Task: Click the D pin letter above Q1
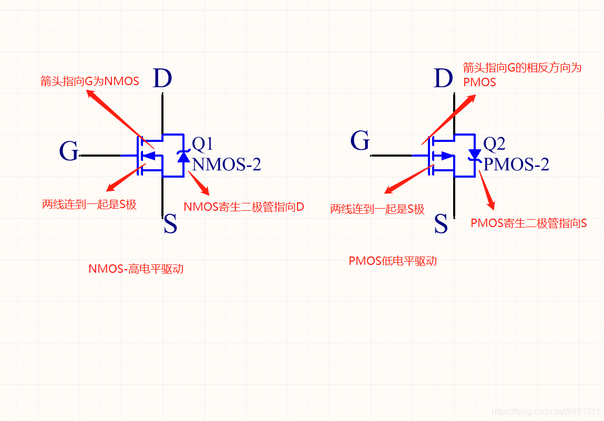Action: [162, 79]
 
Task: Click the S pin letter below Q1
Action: [170, 225]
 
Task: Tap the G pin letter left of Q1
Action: [69, 151]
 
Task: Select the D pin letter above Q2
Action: [444, 79]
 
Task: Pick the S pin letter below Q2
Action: [441, 225]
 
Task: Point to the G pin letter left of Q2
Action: [360, 141]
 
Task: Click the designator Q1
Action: [202, 143]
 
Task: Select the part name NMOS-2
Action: [226, 165]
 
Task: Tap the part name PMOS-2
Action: [516, 165]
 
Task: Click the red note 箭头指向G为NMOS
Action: [90, 81]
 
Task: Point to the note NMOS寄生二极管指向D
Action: [244, 207]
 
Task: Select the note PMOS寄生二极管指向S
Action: [529, 223]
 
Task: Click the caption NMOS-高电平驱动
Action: [136, 269]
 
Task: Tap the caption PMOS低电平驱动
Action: [393, 261]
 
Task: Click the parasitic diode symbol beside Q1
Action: [183, 156]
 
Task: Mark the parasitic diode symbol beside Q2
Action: [475, 155]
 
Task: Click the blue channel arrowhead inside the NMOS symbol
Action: [150, 156]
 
